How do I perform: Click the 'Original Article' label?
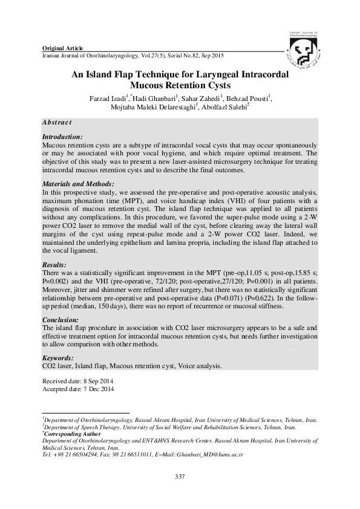coord(61,48)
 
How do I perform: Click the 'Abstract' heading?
coord(57,122)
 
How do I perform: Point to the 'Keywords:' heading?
coord(59,358)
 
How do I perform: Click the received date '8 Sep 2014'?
coord(96,381)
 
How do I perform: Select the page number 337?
coord(179,478)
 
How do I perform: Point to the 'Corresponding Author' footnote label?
coord(73,434)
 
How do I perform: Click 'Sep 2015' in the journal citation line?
coord(212,55)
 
